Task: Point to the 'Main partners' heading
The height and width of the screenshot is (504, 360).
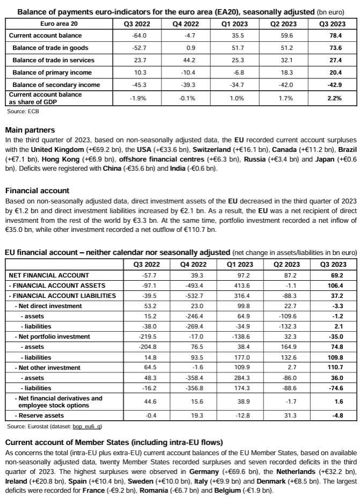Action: tap(32, 130)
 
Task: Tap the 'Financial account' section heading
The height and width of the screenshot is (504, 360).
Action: tap(37, 191)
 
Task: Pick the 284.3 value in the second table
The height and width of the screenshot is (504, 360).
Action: tap(236, 378)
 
